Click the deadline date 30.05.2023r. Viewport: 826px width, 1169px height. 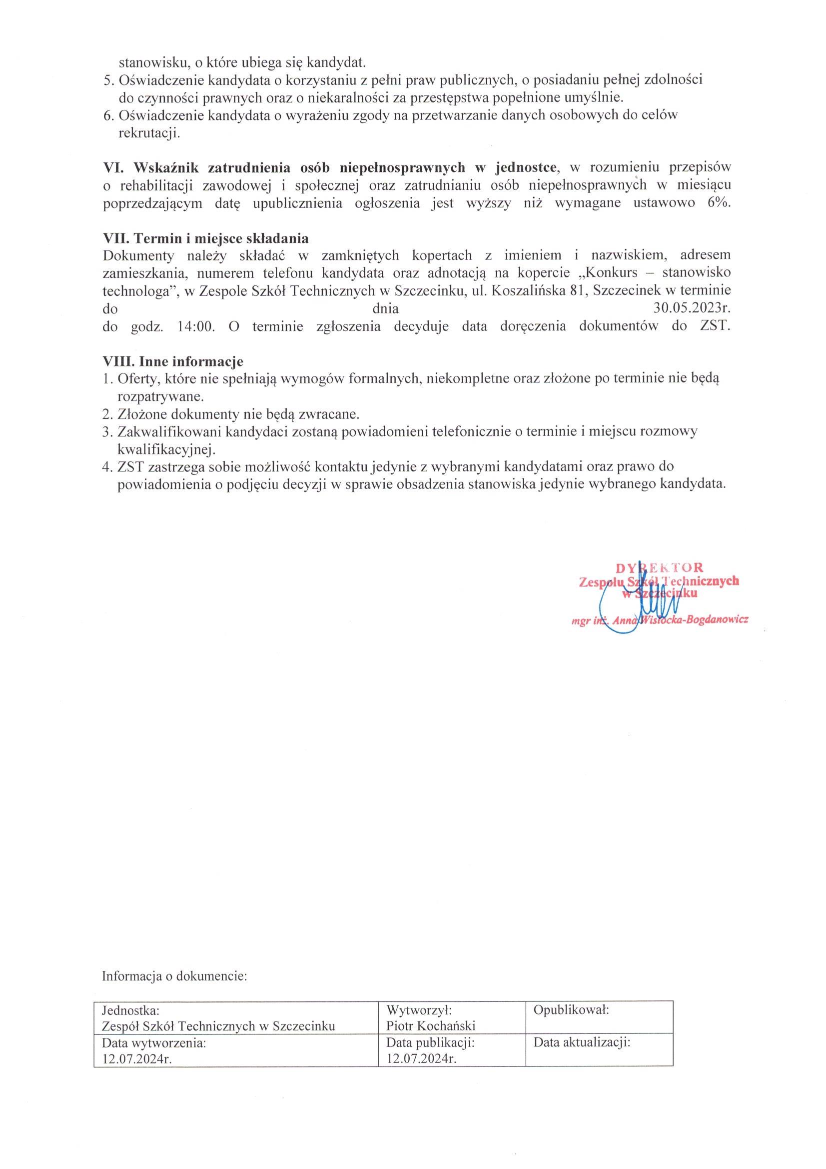(x=692, y=308)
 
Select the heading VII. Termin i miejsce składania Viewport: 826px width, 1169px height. (x=205, y=238)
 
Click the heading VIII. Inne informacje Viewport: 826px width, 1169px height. (x=173, y=361)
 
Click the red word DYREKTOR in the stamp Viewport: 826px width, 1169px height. (x=660, y=567)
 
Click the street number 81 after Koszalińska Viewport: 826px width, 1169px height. (x=578, y=291)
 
